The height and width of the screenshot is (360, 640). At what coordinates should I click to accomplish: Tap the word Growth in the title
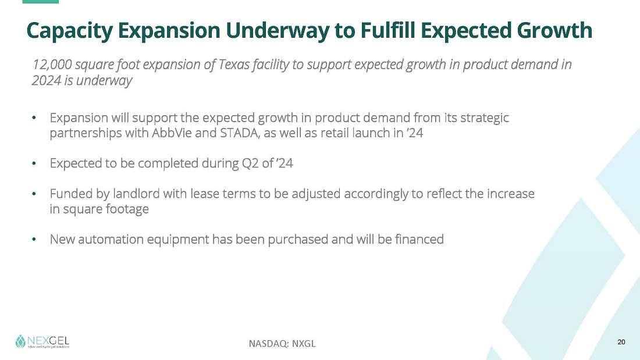point(554,30)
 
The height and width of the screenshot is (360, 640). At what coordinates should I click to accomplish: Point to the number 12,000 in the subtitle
point(52,65)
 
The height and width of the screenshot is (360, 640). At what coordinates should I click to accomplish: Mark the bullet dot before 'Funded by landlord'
point(34,194)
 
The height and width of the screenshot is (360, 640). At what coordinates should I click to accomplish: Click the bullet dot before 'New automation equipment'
point(34,239)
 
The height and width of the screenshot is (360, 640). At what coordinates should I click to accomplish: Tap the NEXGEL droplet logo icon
point(20,341)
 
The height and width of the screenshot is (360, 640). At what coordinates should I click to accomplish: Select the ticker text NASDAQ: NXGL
point(282,344)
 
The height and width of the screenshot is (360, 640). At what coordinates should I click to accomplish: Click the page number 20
point(621,342)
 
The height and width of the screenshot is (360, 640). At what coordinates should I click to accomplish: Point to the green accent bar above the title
point(40,2)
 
